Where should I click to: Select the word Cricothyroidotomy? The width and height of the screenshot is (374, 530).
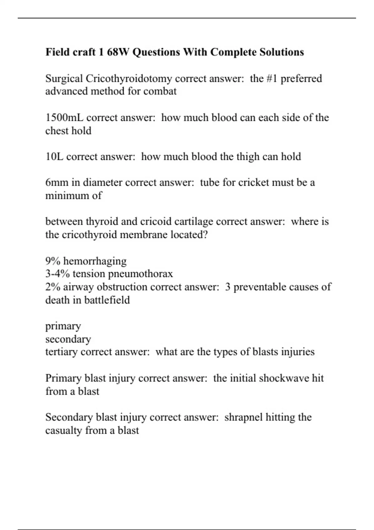128,79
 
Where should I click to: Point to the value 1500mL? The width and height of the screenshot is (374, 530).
65,118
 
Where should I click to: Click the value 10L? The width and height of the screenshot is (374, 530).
54,157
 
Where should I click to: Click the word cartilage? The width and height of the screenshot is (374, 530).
194,222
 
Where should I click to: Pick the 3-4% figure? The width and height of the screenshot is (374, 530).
57,274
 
